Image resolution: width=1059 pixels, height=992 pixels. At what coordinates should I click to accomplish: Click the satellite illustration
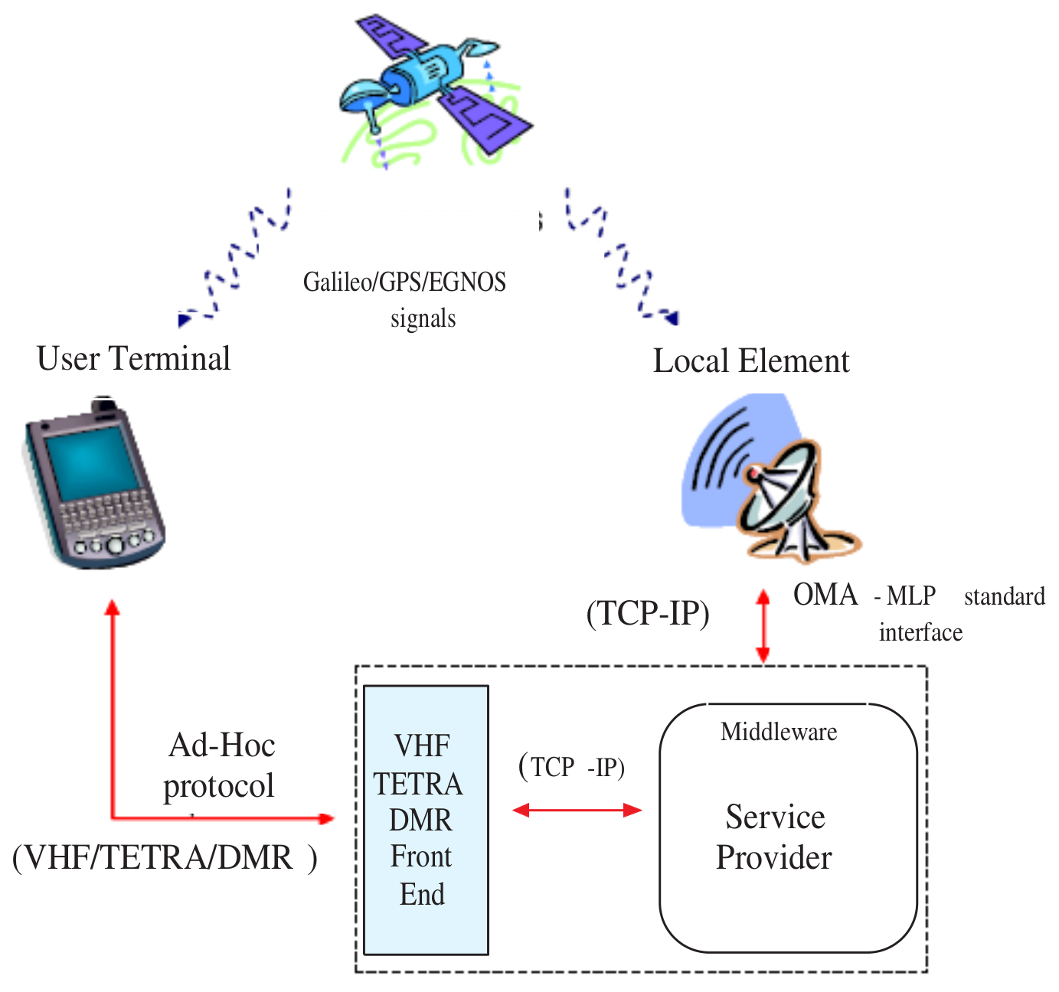pyautogui.click(x=433, y=84)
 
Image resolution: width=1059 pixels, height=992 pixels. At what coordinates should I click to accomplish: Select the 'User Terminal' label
pyautogui.click(x=133, y=358)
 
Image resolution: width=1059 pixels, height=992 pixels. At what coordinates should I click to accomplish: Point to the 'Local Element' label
pyautogui.click(x=750, y=361)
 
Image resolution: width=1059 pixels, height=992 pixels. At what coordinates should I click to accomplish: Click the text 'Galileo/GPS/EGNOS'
pyautogui.click(x=404, y=282)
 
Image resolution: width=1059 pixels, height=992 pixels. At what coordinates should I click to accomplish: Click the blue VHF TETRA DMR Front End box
pyautogui.click(x=426, y=819)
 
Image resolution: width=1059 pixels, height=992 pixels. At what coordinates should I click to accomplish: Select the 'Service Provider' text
pyautogui.click(x=774, y=837)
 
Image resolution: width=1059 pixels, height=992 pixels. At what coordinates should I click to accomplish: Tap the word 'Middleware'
pyautogui.click(x=778, y=732)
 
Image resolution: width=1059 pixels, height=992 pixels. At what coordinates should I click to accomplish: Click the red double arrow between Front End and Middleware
pyautogui.click(x=577, y=810)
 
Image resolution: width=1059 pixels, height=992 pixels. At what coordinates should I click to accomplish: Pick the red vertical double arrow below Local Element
pyautogui.click(x=763, y=626)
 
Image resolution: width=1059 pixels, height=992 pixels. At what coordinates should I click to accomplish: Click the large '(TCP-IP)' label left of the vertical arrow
pyautogui.click(x=648, y=613)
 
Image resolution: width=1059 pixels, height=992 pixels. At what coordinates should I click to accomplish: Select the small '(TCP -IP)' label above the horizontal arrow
pyautogui.click(x=572, y=766)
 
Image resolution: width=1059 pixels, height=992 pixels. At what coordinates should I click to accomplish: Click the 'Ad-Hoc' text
pyautogui.click(x=221, y=745)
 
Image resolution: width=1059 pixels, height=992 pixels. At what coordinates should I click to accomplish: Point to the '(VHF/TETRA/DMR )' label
pyautogui.click(x=164, y=857)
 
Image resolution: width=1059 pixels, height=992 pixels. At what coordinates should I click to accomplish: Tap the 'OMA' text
pyautogui.click(x=825, y=595)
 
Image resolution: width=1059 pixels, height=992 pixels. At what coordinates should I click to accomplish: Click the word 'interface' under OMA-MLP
pyautogui.click(x=920, y=632)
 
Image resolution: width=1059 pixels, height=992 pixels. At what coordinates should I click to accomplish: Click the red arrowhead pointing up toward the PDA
pyautogui.click(x=113, y=608)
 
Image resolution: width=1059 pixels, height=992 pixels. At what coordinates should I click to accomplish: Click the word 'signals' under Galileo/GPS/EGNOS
pyautogui.click(x=423, y=318)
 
